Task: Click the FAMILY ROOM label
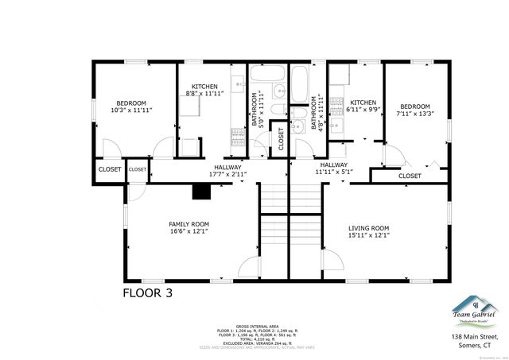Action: [188, 225]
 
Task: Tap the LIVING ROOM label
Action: [368, 227]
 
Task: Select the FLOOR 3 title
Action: [146, 292]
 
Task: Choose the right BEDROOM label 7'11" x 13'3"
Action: [414, 106]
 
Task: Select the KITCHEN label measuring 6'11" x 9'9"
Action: [363, 103]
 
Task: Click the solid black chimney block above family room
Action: [202, 191]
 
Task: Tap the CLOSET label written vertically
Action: [281, 138]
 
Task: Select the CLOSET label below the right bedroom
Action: [410, 176]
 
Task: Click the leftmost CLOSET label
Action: [109, 169]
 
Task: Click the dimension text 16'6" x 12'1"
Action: [188, 232]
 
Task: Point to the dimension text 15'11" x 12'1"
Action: [368, 234]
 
